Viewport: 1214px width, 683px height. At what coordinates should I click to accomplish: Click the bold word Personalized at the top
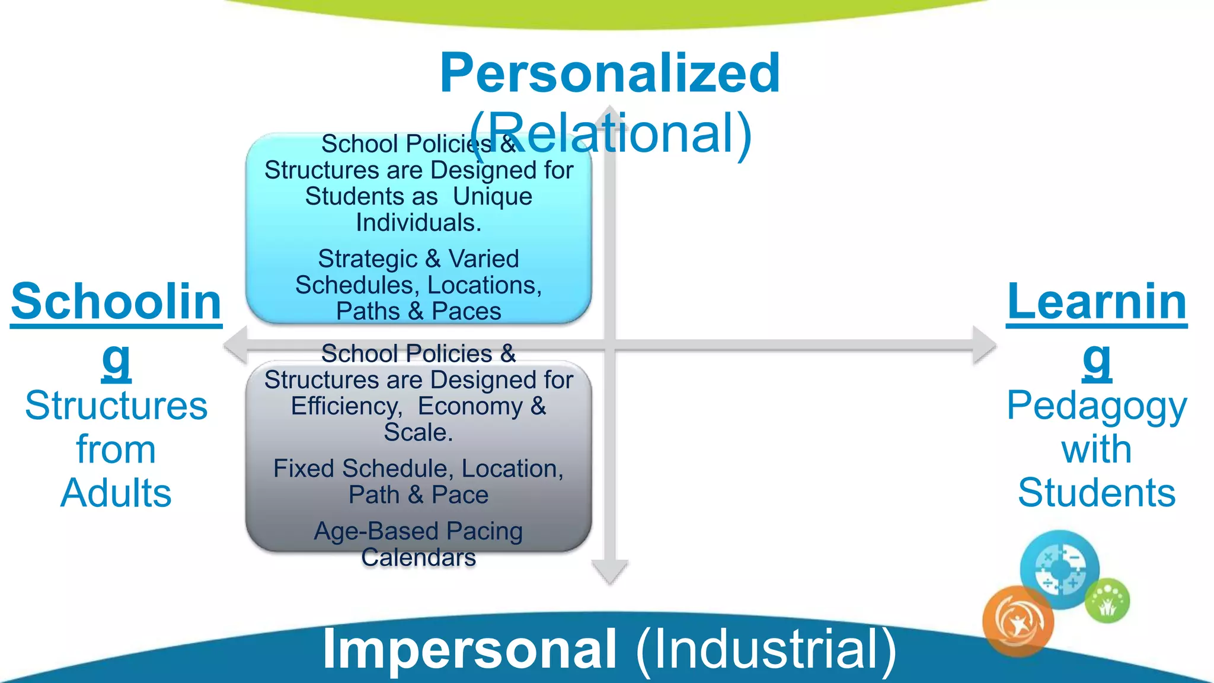click(609, 74)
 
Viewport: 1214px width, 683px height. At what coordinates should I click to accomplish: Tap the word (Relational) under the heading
click(611, 133)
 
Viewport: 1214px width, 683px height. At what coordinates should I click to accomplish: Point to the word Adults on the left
click(116, 493)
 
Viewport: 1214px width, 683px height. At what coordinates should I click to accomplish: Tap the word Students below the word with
click(1097, 493)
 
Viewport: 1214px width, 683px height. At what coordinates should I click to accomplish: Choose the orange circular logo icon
click(1018, 621)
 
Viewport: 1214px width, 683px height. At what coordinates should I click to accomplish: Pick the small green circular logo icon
click(1107, 601)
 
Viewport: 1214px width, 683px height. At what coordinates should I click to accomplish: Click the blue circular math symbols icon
click(1060, 569)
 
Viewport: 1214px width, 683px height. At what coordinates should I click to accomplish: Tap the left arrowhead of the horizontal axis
click(236, 345)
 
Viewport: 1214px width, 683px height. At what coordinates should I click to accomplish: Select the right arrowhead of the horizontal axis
click(984, 345)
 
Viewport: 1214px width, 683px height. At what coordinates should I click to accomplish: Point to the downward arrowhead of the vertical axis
click(610, 572)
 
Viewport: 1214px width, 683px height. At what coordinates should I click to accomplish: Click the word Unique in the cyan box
click(493, 197)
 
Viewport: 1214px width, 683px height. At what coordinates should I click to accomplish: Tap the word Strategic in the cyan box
click(368, 259)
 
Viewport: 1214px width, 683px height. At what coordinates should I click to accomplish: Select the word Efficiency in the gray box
click(346, 407)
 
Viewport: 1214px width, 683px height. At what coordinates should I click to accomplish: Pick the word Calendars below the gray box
click(418, 558)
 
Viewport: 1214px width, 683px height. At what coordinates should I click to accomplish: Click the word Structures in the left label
click(116, 407)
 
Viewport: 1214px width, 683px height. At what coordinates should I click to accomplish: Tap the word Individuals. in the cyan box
click(418, 224)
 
